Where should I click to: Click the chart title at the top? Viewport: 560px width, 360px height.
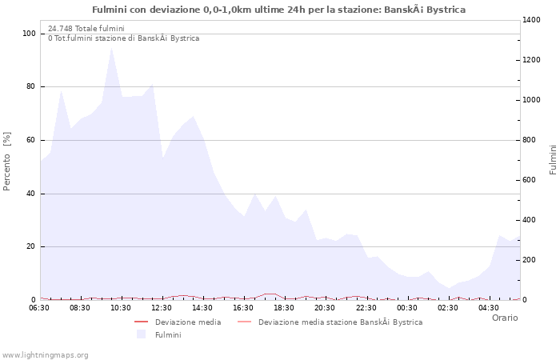tap(278, 10)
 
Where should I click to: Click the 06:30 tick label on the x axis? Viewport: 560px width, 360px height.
tap(38, 307)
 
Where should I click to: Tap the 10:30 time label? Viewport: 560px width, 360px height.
tap(121, 307)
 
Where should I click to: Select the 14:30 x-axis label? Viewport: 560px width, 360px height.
tap(202, 307)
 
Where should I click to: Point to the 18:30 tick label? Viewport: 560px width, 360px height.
tap(284, 307)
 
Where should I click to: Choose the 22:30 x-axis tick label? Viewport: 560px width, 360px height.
tap(366, 307)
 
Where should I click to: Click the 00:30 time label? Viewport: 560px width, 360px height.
tap(407, 307)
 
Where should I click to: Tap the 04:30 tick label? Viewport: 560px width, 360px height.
tap(489, 307)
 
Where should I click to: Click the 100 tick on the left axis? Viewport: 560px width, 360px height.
tap(29, 34)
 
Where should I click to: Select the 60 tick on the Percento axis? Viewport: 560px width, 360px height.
tap(30, 140)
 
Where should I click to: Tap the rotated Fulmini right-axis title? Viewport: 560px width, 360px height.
tap(553, 160)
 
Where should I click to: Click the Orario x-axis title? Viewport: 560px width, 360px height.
tap(505, 318)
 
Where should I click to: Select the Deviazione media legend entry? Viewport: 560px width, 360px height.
tap(188, 322)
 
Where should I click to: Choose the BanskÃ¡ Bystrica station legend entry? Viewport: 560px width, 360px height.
tap(340, 322)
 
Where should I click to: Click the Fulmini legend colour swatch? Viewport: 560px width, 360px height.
tap(142, 334)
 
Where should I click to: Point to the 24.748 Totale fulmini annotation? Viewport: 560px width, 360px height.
tap(86, 29)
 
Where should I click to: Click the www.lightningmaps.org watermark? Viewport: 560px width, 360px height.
tap(46, 355)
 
